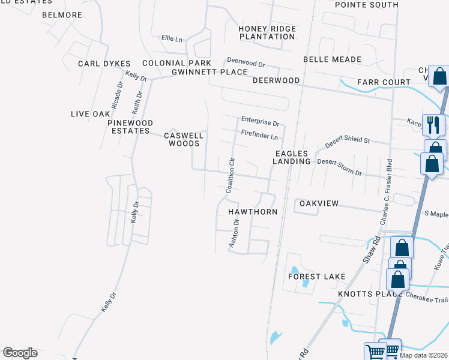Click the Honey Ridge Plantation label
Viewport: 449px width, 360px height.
[x=267, y=32]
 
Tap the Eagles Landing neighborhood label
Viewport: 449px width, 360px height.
[x=293, y=157]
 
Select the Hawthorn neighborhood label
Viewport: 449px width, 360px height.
[x=252, y=212]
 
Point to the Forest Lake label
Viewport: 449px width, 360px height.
[x=316, y=276]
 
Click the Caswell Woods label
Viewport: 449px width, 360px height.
[x=184, y=139]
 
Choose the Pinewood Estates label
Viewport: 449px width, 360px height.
[x=128, y=127]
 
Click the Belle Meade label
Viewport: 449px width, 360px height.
[x=332, y=59]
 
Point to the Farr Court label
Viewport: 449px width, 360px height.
[x=383, y=82]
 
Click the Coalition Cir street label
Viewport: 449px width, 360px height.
[x=229, y=175]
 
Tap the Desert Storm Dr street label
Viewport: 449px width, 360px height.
[x=339, y=167]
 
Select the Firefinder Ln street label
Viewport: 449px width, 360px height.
[x=259, y=135]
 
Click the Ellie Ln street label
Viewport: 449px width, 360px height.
[x=172, y=38]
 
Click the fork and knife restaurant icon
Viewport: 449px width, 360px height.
[x=432, y=125]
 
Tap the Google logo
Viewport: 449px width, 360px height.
[x=20, y=353]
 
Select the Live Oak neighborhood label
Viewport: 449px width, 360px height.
[x=91, y=113]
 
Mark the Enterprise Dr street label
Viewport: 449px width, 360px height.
[x=261, y=121]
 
